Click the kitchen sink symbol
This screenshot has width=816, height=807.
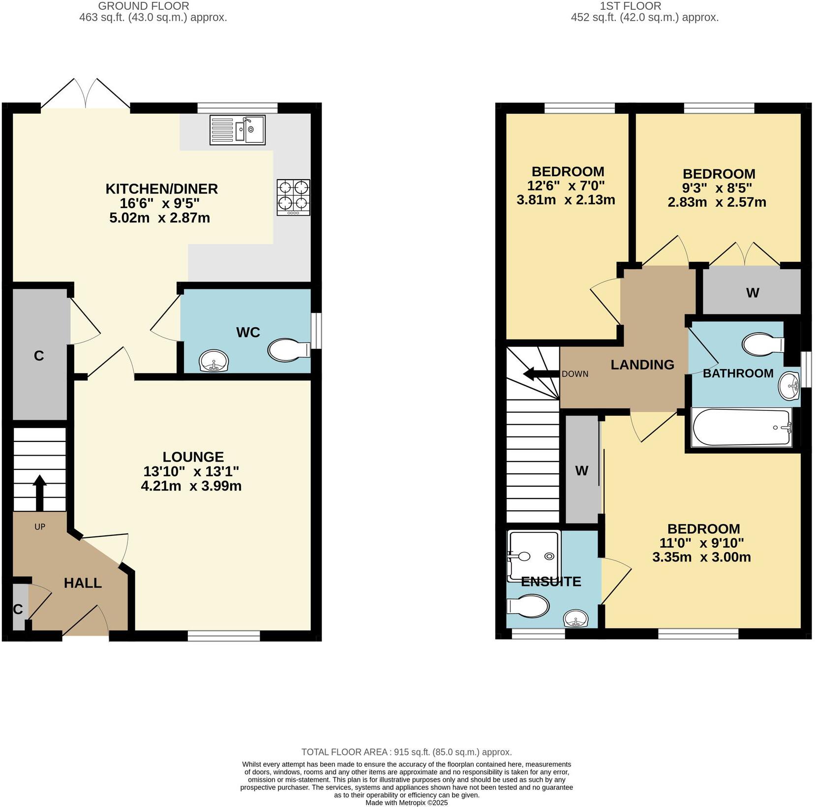tap(238, 130)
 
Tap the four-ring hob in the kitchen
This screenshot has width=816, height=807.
tap(294, 197)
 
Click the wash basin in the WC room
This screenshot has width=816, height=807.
tap(214, 361)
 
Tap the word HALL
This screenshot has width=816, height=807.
tap(83, 583)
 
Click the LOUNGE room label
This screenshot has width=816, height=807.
tap(193, 457)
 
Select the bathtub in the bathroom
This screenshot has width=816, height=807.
tap(742, 427)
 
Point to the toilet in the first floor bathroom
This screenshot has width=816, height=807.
tap(761, 344)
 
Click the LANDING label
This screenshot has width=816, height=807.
tap(642, 365)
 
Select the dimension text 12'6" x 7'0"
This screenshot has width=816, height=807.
tap(566, 186)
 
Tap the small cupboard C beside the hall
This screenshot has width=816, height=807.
tap(19, 608)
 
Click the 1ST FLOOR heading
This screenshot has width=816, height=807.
tap(630, 6)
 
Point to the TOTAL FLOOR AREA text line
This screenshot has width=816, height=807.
tap(406, 752)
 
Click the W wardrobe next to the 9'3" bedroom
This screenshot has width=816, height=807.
tap(752, 292)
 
